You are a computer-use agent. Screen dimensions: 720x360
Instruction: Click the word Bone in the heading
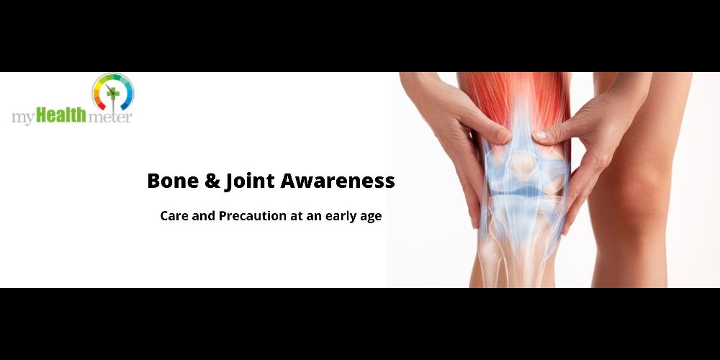173,181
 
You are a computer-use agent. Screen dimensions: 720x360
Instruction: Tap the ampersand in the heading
212,181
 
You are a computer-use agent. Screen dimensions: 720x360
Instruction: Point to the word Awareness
338,181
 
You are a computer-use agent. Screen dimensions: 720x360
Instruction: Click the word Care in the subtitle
174,216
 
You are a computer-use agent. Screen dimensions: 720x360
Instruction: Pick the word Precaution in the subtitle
252,216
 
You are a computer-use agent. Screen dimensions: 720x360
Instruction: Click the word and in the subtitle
204,216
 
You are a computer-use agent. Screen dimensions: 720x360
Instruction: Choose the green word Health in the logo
61,114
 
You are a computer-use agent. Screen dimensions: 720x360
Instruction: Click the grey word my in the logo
22,117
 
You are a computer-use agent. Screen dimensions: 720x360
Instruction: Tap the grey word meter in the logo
109,117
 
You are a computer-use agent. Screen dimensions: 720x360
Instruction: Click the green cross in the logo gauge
112,93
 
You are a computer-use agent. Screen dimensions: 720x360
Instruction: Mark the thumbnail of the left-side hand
504,136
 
